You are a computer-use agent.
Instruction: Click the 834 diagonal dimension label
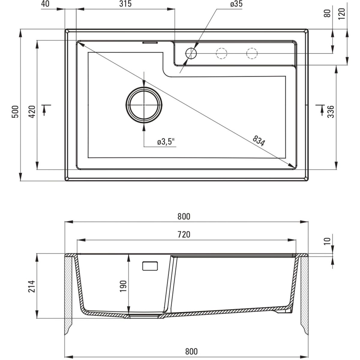(259, 141)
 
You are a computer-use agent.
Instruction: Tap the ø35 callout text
(236, 4)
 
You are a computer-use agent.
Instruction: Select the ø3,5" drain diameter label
(166, 142)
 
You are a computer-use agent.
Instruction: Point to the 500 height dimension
(15, 112)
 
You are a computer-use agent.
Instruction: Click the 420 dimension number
(32, 112)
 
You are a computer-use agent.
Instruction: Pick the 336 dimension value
(331, 112)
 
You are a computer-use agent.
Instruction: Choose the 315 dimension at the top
(125, 4)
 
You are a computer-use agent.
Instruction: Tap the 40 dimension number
(45, 4)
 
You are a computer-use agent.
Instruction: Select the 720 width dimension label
(184, 235)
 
